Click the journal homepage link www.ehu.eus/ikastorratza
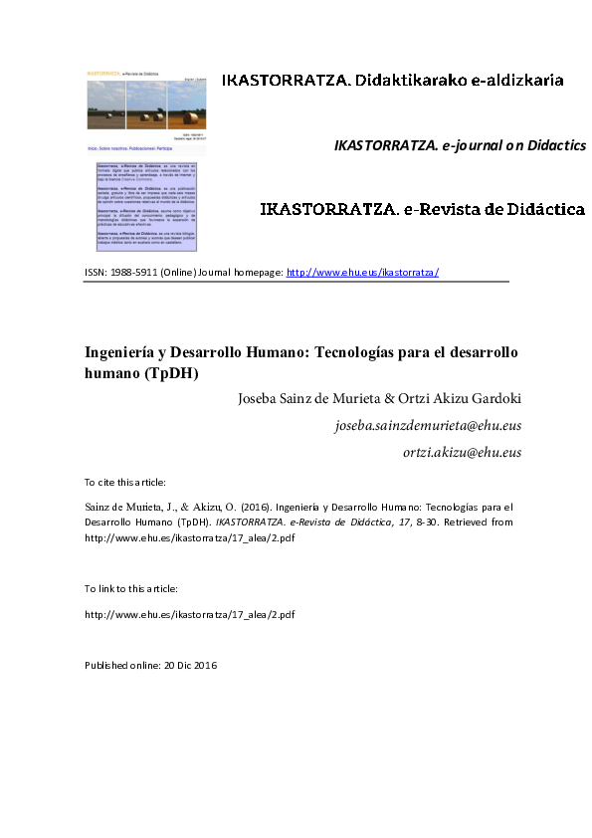tap(362, 272)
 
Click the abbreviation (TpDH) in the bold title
tap(176, 374)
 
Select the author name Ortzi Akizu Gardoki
tap(459, 399)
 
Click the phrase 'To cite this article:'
tap(124, 483)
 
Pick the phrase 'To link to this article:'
tap(126, 589)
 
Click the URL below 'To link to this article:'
tap(190, 614)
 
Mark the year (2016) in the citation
tap(256, 506)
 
